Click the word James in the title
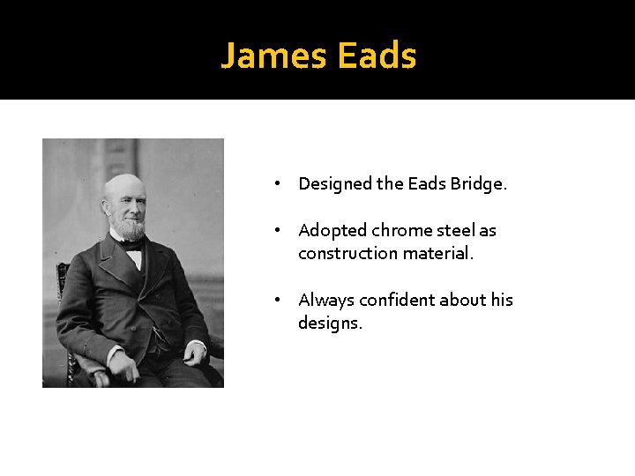point(273,56)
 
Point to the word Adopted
point(332,231)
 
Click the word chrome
point(404,231)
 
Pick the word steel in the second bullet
point(457,231)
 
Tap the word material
point(438,254)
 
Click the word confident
point(397,301)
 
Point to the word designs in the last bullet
point(329,324)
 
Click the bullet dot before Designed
point(277,184)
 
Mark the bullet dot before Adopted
point(277,231)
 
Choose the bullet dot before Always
point(277,301)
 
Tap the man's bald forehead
point(122,187)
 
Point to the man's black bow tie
point(133,246)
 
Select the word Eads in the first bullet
point(428,184)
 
